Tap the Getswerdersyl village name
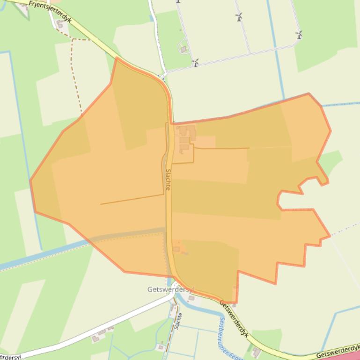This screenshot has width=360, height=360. (170, 289)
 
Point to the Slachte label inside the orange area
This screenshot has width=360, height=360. (168, 179)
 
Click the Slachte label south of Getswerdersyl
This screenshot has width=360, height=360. (177, 321)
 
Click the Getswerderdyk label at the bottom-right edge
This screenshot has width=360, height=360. (338, 352)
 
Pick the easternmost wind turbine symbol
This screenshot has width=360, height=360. (299, 35)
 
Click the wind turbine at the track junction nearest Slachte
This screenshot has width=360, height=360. (196, 63)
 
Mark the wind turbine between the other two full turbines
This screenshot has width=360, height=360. (239, 17)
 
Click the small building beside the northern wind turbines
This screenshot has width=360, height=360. (184, 49)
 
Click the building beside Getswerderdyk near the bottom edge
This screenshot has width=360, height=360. (256, 351)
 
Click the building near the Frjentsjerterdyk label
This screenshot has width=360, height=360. (59, 23)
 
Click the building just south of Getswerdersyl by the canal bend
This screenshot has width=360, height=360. (191, 298)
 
